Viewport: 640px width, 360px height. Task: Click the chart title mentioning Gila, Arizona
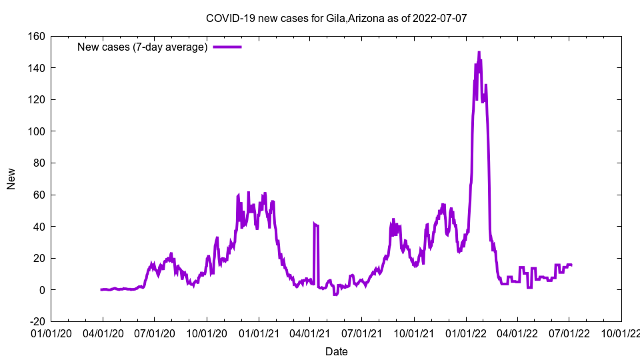click(336, 18)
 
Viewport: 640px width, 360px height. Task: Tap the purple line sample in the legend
click(227, 47)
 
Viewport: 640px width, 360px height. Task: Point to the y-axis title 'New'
click(11, 179)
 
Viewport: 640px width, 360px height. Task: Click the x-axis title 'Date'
click(336, 351)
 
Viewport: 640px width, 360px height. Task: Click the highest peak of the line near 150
click(479, 53)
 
